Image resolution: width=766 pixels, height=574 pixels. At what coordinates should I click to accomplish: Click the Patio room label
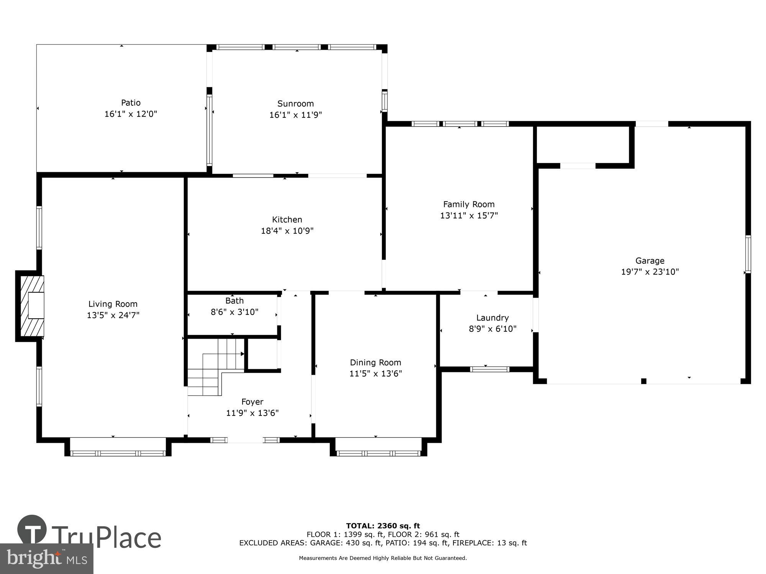[x=131, y=103]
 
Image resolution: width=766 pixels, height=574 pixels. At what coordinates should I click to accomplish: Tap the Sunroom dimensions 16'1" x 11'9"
[x=295, y=115]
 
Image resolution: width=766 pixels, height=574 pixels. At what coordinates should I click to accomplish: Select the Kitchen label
[x=287, y=219]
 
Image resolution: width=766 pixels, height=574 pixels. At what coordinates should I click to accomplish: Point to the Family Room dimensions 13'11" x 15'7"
[x=469, y=215]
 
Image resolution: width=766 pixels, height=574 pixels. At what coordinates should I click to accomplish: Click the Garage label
[x=650, y=261]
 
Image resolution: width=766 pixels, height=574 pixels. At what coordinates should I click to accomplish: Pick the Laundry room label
[x=492, y=318]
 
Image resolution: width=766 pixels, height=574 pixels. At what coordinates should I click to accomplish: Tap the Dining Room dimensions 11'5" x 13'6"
[x=375, y=373]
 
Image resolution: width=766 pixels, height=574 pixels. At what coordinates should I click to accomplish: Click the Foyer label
[x=252, y=402]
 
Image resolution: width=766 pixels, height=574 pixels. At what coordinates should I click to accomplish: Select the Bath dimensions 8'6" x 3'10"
[x=234, y=312]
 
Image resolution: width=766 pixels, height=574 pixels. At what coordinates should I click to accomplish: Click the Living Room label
[x=113, y=304]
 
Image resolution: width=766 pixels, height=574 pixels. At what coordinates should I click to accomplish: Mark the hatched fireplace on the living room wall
[x=31, y=306]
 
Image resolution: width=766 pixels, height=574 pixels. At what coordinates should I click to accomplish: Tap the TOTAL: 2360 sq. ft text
[x=383, y=526]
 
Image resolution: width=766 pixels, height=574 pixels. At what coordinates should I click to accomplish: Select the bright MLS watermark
[x=46, y=559]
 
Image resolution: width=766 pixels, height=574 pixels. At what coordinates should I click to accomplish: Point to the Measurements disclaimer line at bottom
[x=383, y=558]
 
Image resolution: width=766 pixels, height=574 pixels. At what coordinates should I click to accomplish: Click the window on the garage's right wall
[x=748, y=254]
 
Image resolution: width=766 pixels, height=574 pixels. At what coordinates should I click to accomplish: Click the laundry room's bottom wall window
[x=489, y=369]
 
